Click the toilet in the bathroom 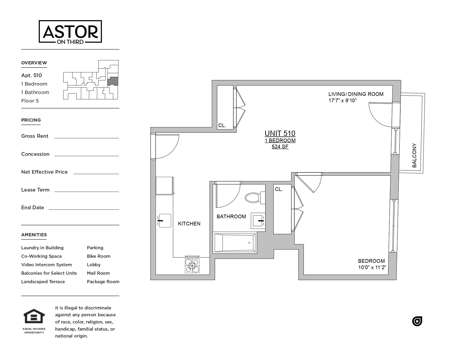coord(254,198)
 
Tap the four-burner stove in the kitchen coord(192,265)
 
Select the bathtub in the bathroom coord(235,243)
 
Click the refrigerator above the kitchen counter coord(165,186)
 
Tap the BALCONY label coord(414,155)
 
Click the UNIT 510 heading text coord(280,134)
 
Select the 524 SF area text coord(280,146)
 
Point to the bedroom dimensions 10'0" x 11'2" coord(372,268)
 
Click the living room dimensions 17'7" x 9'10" coord(343,101)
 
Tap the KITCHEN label coord(189,224)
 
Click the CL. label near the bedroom coord(279,189)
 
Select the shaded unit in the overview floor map coord(113,81)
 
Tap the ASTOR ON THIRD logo coord(70,32)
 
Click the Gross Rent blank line coord(86,137)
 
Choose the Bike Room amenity coord(99,256)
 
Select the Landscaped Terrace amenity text coord(43,282)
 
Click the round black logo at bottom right coord(417,321)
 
